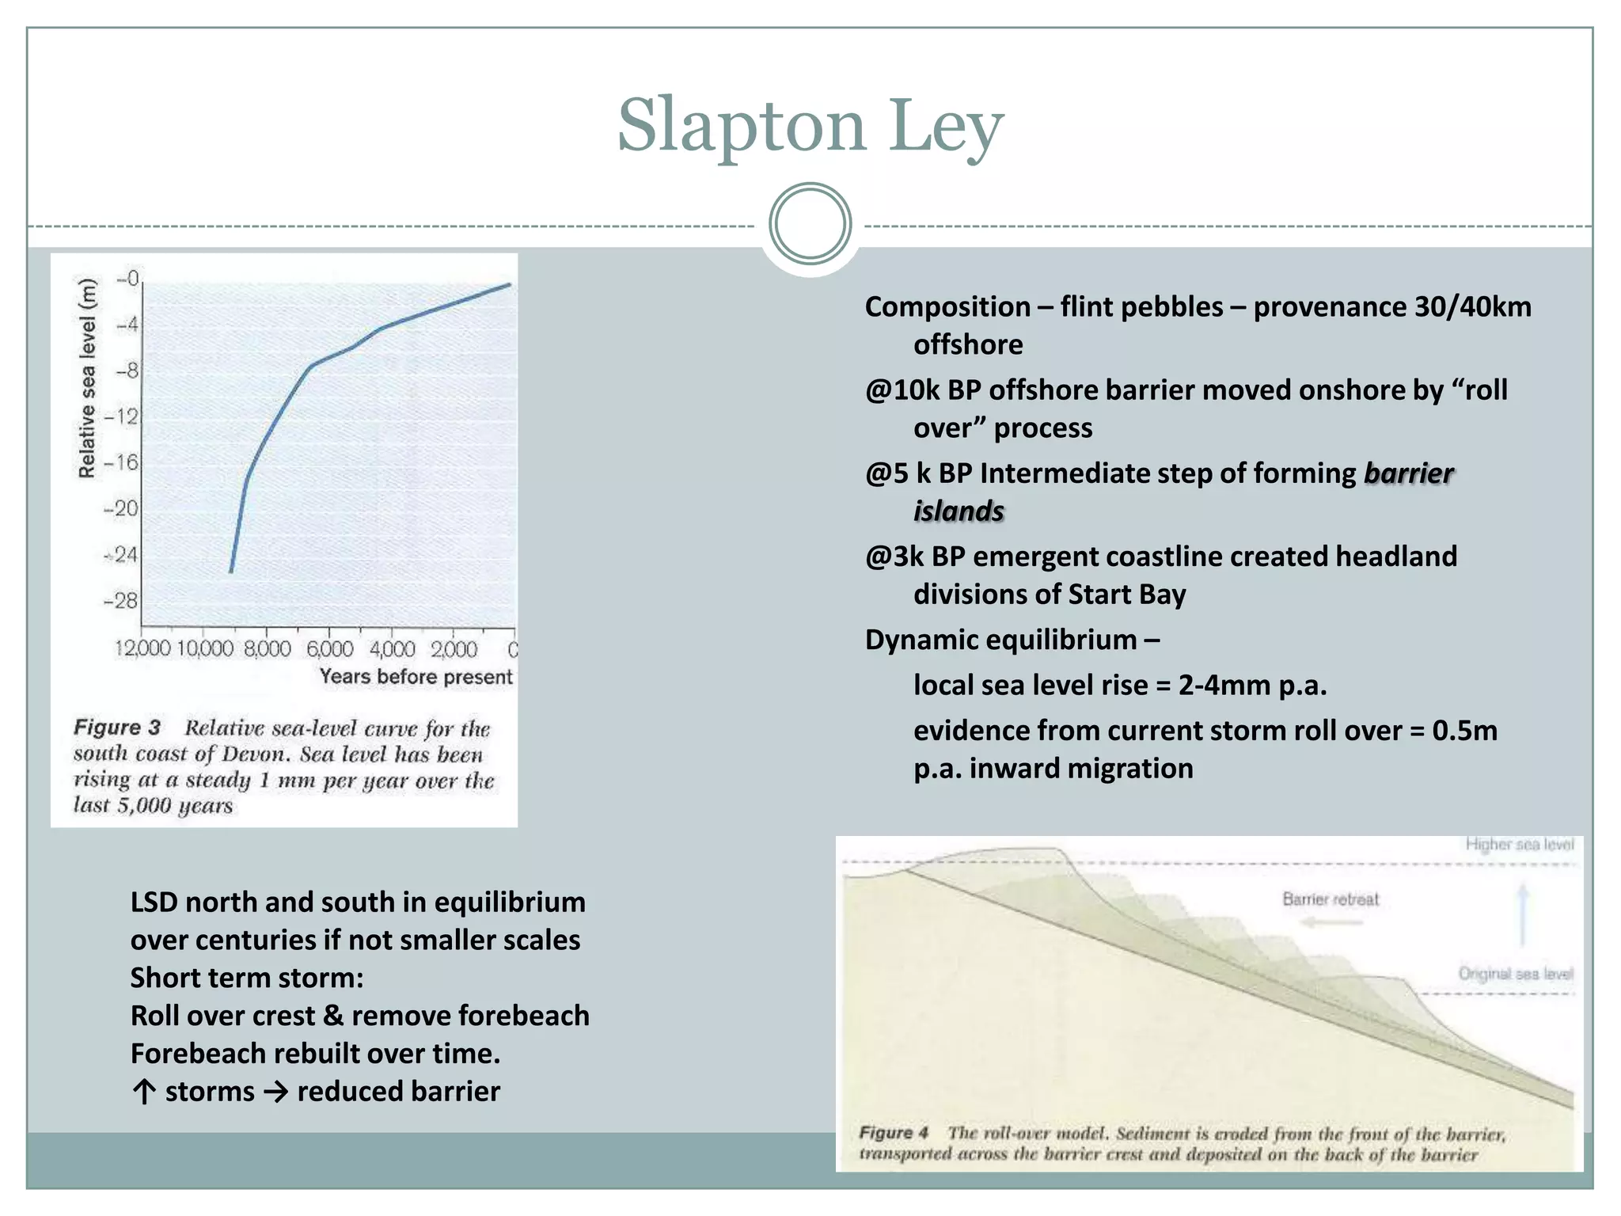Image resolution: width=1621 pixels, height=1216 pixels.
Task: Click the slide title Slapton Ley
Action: [x=810, y=127]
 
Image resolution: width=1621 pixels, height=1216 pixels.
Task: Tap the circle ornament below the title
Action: [x=810, y=224]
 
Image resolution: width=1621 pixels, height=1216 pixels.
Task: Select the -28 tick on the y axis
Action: [x=121, y=601]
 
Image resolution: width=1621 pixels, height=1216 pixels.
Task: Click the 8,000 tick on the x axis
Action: [x=268, y=649]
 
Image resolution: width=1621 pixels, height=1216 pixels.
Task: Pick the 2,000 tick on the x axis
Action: [x=454, y=649]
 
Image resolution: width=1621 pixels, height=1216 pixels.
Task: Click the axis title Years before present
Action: [x=416, y=677]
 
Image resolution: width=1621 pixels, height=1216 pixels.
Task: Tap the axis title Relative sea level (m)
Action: [x=87, y=378]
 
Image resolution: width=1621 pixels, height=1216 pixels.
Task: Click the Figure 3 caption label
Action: [x=117, y=728]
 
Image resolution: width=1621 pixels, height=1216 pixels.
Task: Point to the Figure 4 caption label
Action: [x=894, y=1133]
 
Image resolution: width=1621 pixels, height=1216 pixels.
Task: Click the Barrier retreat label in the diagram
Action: [x=1331, y=899]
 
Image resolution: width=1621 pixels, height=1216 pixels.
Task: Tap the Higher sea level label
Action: [x=1520, y=845]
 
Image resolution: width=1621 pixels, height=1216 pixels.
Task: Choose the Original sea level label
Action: [x=1516, y=974]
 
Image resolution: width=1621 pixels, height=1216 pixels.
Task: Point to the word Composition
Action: [x=947, y=307]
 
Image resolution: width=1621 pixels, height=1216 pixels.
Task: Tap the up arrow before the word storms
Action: [x=143, y=1092]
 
